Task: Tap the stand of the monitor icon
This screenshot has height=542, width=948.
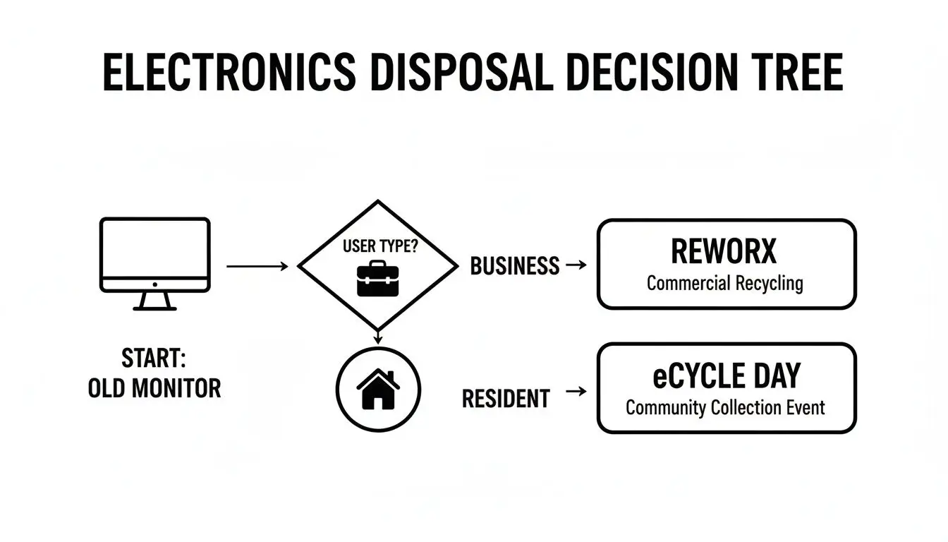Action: [154, 301]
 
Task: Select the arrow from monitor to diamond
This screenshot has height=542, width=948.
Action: [257, 266]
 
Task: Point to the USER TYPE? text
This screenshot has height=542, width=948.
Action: [379, 247]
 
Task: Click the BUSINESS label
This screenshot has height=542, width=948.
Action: [514, 266]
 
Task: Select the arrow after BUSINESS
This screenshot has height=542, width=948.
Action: [576, 265]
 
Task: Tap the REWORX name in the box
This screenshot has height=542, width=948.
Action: [724, 251]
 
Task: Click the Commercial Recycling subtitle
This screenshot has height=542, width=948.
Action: [724, 284]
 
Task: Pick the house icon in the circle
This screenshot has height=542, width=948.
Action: [378, 390]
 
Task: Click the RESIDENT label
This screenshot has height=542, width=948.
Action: [505, 399]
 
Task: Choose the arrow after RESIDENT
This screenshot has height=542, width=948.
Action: [576, 391]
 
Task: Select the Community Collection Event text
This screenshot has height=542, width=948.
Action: [725, 408]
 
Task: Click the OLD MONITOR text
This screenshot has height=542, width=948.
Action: [154, 388]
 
